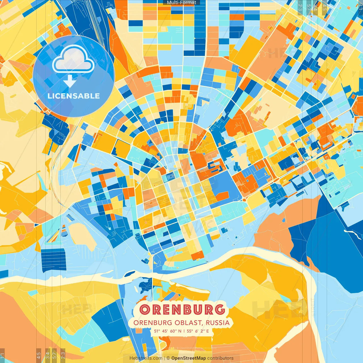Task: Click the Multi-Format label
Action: point(181,3)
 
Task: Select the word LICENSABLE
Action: point(73,96)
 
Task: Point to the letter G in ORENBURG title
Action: point(220,310)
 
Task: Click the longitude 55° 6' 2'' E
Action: point(198,331)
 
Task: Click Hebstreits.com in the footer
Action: point(146,358)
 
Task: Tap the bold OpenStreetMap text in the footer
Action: point(189,358)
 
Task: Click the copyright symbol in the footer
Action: point(168,358)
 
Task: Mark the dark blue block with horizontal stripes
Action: point(53,259)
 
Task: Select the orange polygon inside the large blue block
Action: point(223,196)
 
